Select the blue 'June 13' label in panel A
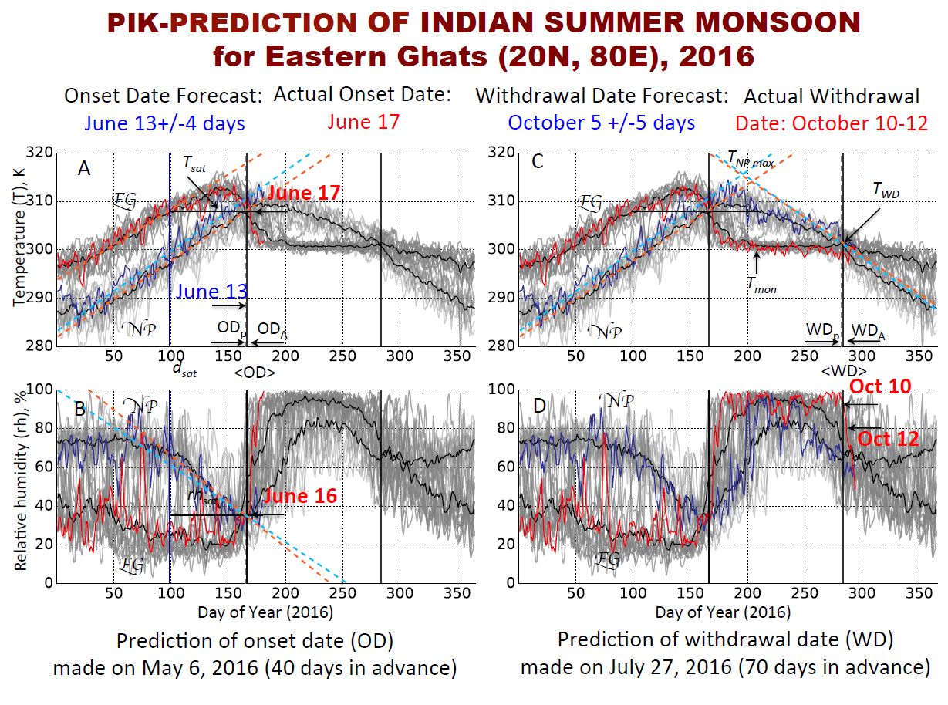(x=212, y=292)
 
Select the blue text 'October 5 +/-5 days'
(x=601, y=123)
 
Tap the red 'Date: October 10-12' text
(x=831, y=123)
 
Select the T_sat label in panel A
(x=194, y=163)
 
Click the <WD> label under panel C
(x=839, y=372)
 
